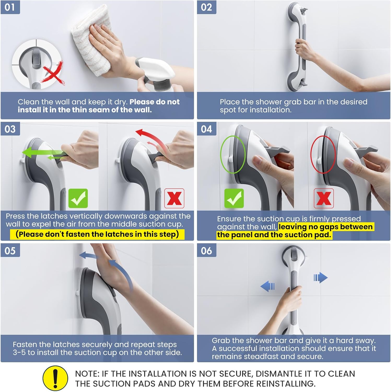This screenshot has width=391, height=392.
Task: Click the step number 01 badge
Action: [x=10, y=7]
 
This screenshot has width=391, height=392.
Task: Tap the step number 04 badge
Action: [x=207, y=129]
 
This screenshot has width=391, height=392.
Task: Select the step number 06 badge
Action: [x=207, y=250]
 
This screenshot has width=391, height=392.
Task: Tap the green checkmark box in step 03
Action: [x=78, y=198]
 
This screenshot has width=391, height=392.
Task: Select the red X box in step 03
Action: [x=174, y=198]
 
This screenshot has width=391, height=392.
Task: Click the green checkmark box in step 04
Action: [x=234, y=198]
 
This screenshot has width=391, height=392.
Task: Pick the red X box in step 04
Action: [x=324, y=198]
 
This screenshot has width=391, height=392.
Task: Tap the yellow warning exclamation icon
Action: [x=55, y=378]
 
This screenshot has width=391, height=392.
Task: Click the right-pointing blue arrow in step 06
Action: [x=321, y=278]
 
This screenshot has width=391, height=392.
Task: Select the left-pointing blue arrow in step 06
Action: [x=267, y=286]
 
